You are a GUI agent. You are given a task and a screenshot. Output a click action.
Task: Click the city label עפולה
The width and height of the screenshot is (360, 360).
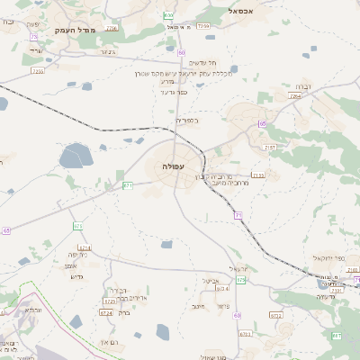174,166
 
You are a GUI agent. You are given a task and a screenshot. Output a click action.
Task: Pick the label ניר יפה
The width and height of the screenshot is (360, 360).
76,255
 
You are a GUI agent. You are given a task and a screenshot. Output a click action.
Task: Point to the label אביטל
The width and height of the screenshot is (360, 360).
210,281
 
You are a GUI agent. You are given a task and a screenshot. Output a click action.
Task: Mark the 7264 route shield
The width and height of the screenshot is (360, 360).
293,95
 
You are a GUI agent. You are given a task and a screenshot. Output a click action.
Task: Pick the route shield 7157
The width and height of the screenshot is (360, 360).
269,147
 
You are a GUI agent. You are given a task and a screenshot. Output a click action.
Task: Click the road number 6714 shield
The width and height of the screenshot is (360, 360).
85,247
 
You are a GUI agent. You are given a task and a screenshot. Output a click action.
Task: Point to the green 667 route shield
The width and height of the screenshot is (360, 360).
336,336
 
